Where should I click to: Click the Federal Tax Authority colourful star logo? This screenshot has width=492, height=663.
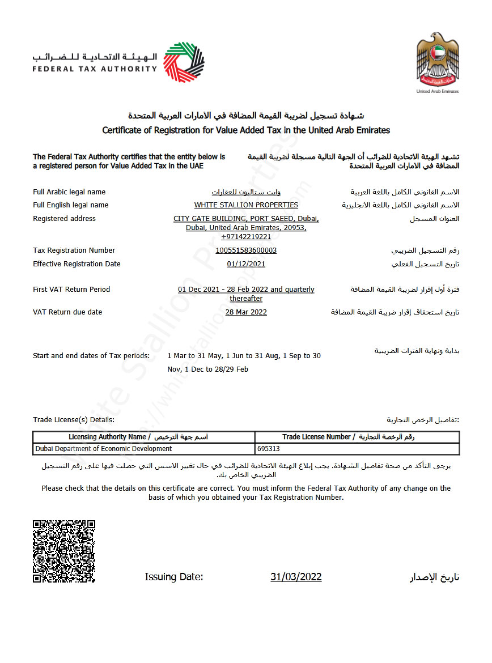pos(184,62)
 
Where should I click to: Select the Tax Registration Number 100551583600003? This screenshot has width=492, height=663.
pos(246,250)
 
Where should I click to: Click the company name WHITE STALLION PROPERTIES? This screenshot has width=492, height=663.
pos(246,205)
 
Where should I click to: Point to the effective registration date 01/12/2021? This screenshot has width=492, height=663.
pos(246,264)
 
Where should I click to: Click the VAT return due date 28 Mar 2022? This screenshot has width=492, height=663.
pos(246,312)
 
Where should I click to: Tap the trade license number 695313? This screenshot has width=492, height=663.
pos(269,449)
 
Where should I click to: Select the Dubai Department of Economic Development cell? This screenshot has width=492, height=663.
pos(104,449)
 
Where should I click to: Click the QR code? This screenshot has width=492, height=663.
pos(64,551)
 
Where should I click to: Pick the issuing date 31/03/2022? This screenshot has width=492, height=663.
pos(296,577)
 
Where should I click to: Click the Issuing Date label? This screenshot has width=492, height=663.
pos(174,577)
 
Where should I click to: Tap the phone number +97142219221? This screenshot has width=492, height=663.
pos(246,237)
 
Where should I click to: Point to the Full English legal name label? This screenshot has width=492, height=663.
pos(71,205)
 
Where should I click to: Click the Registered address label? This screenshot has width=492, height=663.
pos(65,219)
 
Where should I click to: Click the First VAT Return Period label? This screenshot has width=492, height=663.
pos(72,290)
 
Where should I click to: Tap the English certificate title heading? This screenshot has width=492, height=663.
pos(246,130)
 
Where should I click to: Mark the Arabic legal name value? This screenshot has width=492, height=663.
pos(246,192)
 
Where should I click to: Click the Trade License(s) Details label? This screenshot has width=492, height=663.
pos(74,420)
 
